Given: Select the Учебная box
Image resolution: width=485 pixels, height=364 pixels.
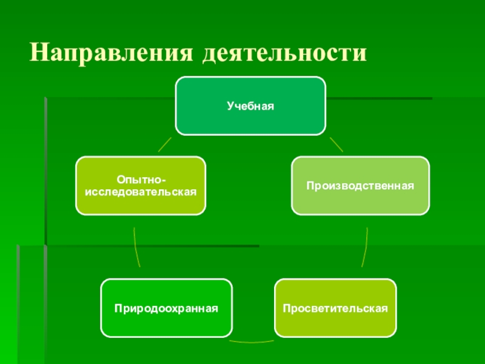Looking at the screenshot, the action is [250, 106].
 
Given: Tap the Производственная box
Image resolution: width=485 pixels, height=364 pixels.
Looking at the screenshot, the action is [360, 186].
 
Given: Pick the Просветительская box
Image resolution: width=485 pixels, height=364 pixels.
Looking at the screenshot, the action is [335, 308].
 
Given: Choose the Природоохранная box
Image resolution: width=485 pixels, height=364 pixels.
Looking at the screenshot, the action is [166, 308].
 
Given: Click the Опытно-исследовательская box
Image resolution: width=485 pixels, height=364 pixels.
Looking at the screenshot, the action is [140, 186].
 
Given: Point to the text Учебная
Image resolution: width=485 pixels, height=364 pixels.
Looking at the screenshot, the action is [250, 106].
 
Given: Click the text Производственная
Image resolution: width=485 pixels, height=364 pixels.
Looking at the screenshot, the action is [360, 186].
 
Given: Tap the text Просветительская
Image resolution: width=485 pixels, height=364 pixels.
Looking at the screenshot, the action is [335, 308].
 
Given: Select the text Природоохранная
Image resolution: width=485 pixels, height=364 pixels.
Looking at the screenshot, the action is [166, 308].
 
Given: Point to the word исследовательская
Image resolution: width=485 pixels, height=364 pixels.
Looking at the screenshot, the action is [141, 191].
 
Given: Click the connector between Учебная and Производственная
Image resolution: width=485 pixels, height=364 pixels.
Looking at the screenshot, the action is [336, 144].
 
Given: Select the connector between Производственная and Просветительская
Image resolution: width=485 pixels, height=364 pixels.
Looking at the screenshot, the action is [365, 248].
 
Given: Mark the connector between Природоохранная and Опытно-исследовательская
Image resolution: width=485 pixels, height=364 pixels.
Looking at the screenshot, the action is [136, 248].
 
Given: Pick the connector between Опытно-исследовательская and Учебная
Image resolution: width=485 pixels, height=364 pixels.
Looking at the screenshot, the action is [164, 144].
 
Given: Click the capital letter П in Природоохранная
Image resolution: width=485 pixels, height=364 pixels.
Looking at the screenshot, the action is [118, 308].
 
